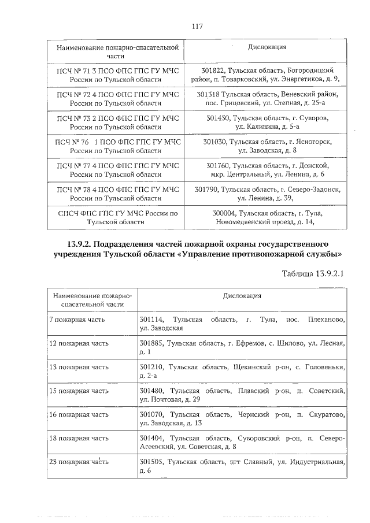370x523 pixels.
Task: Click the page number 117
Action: (x=197, y=26)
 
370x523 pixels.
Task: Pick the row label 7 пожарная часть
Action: (x=77, y=320)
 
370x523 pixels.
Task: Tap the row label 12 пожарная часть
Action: (x=79, y=343)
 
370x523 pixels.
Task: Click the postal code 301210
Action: (x=151, y=367)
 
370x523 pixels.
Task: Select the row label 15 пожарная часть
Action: (x=79, y=391)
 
